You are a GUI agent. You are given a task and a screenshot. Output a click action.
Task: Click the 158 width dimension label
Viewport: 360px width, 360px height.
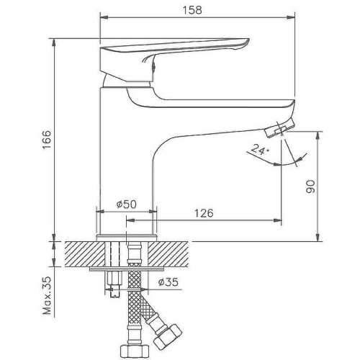tap(192, 10)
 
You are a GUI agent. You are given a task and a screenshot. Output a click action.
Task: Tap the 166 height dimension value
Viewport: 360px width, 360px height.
tap(47, 140)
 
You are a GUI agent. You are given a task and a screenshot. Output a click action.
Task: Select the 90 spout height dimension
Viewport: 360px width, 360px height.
tap(311, 186)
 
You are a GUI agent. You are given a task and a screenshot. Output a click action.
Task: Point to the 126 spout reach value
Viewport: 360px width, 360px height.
tap(204, 213)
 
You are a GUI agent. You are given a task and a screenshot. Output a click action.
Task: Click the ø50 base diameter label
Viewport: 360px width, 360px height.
tap(127, 204)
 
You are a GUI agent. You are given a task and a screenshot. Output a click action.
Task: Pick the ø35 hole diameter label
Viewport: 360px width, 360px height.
tap(168, 282)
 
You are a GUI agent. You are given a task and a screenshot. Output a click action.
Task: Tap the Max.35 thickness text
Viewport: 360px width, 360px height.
tap(47, 295)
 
